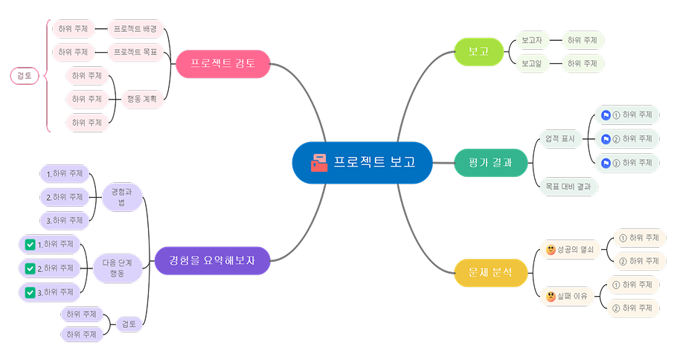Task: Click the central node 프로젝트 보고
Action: [x=362, y=162]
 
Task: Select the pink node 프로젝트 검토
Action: [x=222, y=64]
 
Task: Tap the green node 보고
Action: [x=479, y=52]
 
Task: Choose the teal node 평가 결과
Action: [x=490, y=162]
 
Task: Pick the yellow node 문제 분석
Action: [x=490, y=272]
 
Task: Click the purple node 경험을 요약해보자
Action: [x=211, y=260]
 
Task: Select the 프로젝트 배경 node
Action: [x=135, y=29]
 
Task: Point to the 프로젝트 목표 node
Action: [x=135, y=52]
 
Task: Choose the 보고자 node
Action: [x=532, y=40]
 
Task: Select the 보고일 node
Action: [x=532, y=64]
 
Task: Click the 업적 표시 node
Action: [x=560, y=138]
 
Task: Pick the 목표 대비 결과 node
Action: [x=568, y=187]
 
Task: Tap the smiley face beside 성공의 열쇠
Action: [x=551, y=249]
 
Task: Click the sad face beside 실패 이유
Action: [x=551, y=296]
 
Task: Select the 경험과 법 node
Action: [x=121, y=196]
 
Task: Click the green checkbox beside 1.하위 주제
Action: [x=30, y=244]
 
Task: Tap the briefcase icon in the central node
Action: [x=318, y=162]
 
